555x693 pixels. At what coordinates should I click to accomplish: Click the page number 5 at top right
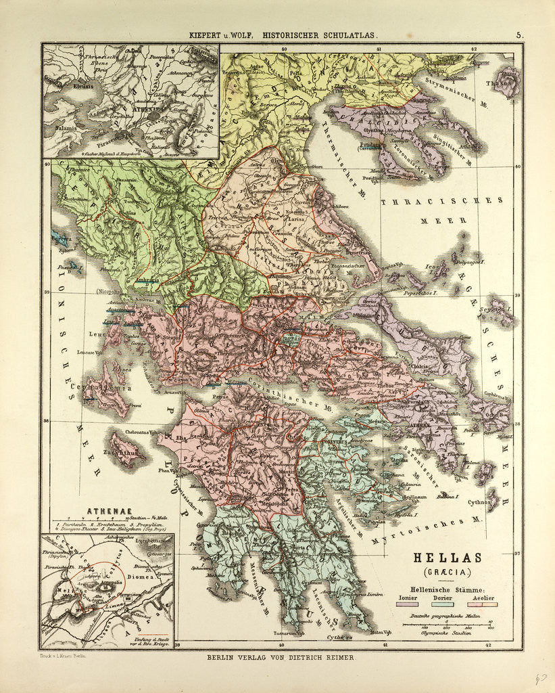(x=519, y=35)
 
